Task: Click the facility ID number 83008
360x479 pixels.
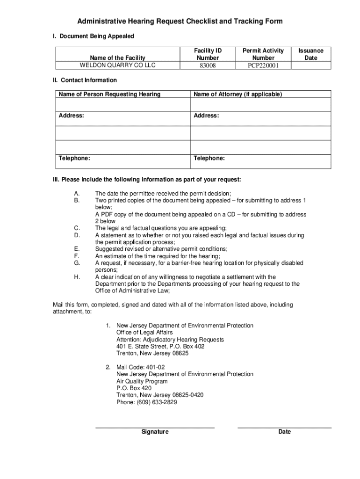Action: (208, 65)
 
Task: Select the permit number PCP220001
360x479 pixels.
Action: (263, 65)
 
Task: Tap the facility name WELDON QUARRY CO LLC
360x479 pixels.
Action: (117, 65)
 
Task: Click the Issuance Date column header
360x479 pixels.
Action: (310, 54)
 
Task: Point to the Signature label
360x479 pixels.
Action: (155, 432)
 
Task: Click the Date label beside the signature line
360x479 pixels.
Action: (284, 432)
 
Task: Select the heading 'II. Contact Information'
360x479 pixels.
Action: (85, 80)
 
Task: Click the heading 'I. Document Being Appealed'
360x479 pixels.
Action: (93, 36)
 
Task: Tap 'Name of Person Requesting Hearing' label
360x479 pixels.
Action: (109, 94)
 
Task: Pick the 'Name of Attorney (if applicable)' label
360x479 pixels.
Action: (238, 94)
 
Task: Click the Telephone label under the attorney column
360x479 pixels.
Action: (209, 159)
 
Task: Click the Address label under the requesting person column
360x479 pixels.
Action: (72, 116)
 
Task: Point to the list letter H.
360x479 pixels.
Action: (77, 277)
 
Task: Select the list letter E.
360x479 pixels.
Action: (77, 249)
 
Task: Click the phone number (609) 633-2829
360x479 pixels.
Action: (147, 402)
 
